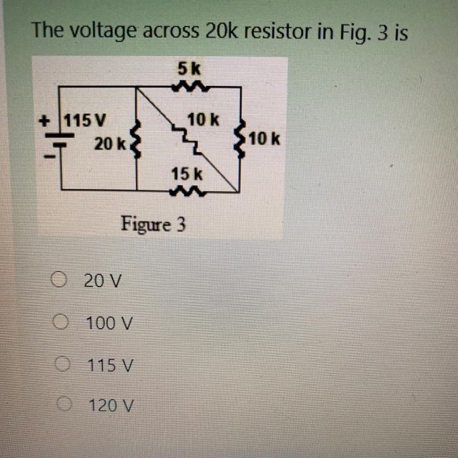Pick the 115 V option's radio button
pos(62,364)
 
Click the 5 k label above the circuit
pos(186,68)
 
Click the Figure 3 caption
pos(153,225)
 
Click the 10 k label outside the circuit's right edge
pos(264,139)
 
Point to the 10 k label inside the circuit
pos(203,120)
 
